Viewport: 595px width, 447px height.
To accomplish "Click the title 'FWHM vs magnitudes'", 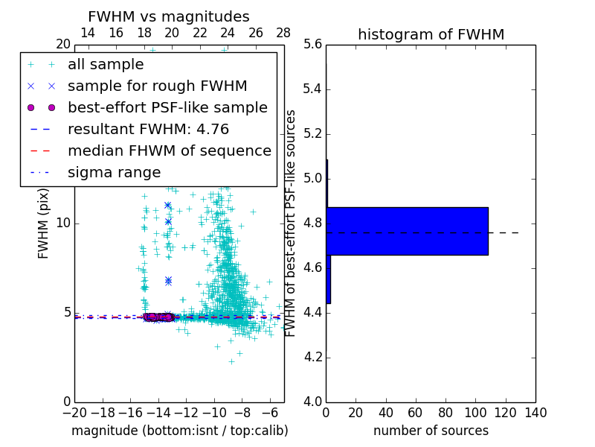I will point(168,17).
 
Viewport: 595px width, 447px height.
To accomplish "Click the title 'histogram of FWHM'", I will point(431,34).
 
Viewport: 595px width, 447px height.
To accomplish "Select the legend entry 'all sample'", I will point(106,65).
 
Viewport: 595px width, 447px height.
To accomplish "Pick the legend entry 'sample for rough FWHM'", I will point(157,86).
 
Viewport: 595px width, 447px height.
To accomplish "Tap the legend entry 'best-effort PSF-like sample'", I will point(167,107).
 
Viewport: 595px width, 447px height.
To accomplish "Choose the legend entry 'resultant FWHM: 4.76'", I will point(148,129).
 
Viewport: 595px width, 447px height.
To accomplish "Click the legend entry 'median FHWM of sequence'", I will point(169,150).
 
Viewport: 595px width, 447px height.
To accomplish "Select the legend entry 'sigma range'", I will point(114,173).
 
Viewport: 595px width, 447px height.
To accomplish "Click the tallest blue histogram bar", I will point(407,231).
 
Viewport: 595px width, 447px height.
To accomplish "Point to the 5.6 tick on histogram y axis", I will point(314,45).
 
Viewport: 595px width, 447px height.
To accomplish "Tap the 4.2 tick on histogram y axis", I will point(314,358).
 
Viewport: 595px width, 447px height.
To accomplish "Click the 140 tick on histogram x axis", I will point(535,412).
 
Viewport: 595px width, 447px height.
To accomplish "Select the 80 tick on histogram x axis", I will point(446,412).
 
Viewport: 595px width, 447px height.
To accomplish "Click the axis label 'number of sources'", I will point(431,431).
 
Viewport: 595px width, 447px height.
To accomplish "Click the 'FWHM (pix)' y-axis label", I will point(44,223).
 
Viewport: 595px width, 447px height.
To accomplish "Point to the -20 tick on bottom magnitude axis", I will point(74,412).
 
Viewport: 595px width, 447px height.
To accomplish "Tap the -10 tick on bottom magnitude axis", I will point(214,412).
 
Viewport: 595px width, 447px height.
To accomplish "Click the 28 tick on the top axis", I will point(283,33).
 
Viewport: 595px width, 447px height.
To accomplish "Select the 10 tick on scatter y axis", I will point(63,223).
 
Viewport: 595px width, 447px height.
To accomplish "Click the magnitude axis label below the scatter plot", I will point(179,431).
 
